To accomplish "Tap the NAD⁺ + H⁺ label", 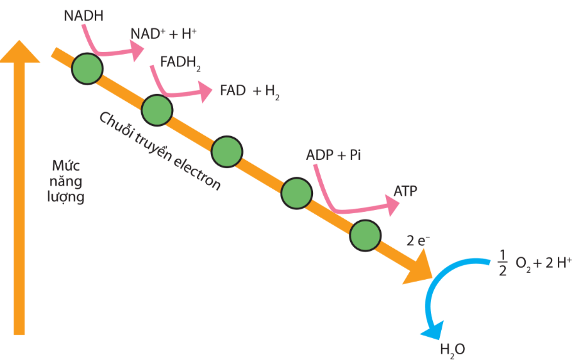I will (158, 34).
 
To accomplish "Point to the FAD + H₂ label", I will (249, 91).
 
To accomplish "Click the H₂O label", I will (452, 349).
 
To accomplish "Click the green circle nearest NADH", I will (87, 68).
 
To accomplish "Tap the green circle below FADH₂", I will (157, 111).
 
